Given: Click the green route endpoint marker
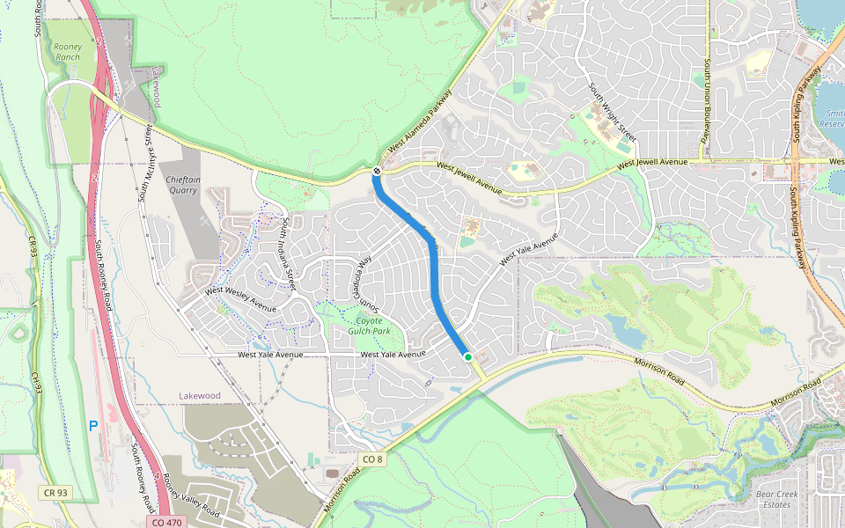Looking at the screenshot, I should (468, 356).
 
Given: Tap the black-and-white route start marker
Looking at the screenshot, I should (376, 171).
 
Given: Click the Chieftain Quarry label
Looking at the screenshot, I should (183, 183).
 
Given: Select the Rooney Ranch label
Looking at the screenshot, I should (67, 51).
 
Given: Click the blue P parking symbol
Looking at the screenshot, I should (92, 426).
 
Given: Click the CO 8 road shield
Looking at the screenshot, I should (372, 458).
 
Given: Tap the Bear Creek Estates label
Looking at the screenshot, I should (777, 499).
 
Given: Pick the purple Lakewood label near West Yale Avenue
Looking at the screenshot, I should (199, 396).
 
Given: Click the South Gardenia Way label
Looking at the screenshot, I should (368, 283).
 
